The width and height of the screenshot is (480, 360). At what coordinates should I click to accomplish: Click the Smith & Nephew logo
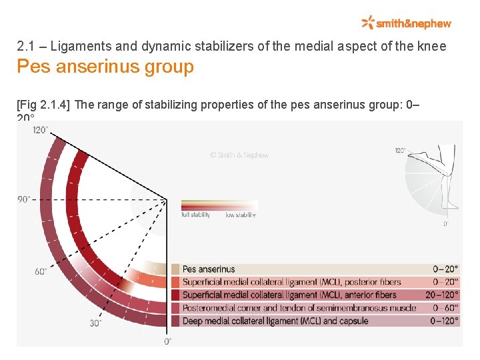(x=406, y=23)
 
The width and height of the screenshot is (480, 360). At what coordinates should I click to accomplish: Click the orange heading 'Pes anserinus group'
(x=105, y=67)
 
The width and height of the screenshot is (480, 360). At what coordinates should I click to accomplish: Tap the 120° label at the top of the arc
(x=41, y=130)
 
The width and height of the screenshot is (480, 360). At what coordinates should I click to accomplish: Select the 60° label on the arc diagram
(x=41, y=271)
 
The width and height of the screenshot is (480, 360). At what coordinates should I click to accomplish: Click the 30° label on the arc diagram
(x=96, y=323)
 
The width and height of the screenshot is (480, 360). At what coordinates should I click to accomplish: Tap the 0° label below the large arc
(x=167, y=341)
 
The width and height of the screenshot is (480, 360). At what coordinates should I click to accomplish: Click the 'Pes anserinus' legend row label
(x=209, y=269)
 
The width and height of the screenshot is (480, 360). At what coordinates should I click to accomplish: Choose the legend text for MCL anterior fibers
(x=289, y=295)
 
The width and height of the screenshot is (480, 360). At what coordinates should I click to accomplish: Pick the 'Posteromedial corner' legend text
(x=299, y=307)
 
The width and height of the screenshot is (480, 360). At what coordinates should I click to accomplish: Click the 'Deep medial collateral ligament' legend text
(x=275, y=321)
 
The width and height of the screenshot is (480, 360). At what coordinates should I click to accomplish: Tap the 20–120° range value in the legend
(x=442, y=295)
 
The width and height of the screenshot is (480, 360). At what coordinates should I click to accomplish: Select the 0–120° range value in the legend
(x=445, y=321)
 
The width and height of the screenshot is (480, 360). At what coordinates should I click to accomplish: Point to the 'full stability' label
(x=196, y=215)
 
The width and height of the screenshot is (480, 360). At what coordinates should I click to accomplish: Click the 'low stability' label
(x=241, y=215)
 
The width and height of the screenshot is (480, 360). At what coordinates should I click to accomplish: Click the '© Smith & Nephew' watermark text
(x=239, y=155)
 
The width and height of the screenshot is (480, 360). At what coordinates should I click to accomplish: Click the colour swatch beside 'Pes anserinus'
(x=175, y=269)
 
